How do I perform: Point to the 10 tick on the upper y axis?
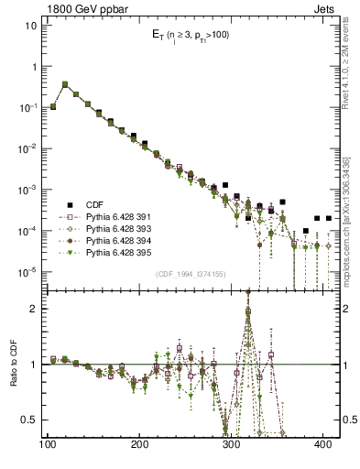click(x=31, y=26)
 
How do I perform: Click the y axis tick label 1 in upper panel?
click(x=34, y=67)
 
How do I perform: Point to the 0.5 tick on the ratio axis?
click(x=29, y=420)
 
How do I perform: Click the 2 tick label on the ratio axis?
click(x=34, y=309)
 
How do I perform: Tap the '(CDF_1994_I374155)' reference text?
click(x=191, y=273)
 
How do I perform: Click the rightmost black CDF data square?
click(x=328, y=219)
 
